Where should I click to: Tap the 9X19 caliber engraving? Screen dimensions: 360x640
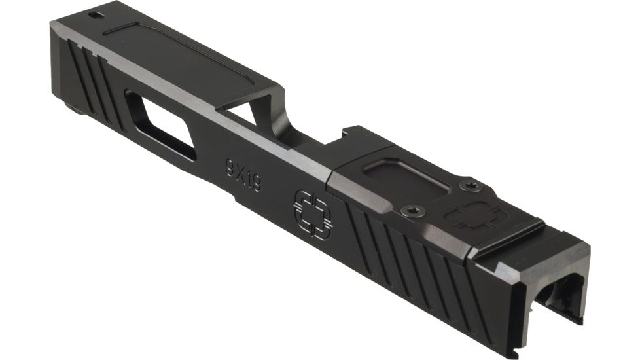(243, 174)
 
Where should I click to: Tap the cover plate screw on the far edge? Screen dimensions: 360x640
(469, 186)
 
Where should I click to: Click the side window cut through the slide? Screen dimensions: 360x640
(161, 126)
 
